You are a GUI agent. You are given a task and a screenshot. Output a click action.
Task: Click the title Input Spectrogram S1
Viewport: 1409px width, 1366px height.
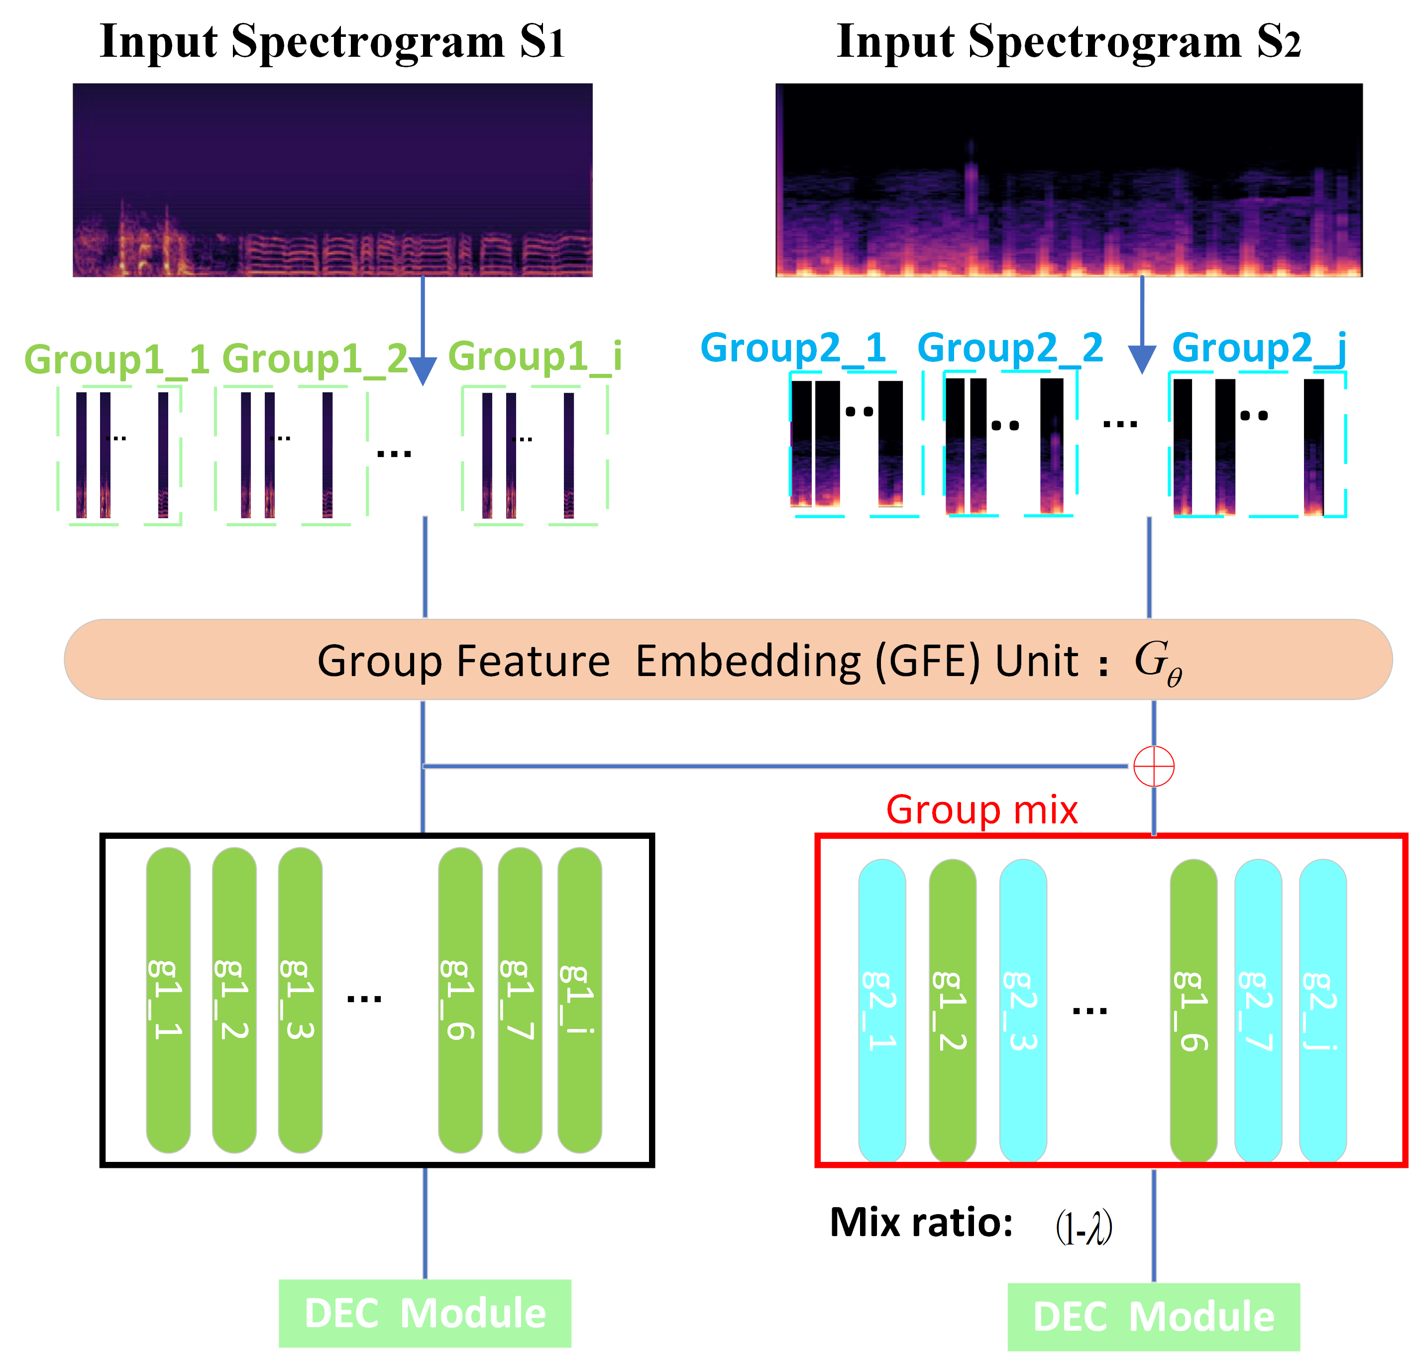tap(332, 42)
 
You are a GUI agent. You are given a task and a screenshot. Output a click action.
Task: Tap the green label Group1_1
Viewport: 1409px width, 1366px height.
tap(116, 359)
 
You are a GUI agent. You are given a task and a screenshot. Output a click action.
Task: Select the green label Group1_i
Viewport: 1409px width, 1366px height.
tap(535, 356)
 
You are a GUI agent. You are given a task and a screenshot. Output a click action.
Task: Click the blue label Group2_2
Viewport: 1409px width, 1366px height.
tap(1010, 348)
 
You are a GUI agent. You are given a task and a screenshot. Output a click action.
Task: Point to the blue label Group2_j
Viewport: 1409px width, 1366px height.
tap(1258, 348)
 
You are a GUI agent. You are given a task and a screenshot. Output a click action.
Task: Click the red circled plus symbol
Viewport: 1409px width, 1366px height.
tap(1154, 767)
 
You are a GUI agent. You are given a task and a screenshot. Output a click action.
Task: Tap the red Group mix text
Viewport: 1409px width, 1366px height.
tap(982, 810)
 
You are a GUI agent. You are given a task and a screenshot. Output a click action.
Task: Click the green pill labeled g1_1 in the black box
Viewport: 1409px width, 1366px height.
tap(168, 999)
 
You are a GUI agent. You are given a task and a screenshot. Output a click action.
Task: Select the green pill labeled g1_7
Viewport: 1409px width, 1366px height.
tap(520, 999)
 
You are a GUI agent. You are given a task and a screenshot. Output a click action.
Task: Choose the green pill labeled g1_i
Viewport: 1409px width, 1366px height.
tap(579, 999)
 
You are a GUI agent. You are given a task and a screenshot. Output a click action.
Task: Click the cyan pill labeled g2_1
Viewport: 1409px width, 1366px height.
tap(882, 1010)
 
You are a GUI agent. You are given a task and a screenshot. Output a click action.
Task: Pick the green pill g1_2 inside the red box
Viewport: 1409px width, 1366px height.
tap(953, 1010)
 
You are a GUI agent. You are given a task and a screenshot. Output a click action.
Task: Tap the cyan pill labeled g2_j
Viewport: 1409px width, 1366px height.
tap(1323, 1010)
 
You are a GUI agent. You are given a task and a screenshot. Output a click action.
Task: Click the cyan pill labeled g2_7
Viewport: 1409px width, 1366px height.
tap(1258, 1010)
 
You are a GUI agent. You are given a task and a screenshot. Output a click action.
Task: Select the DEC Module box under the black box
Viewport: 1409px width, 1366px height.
tap(425, 1314)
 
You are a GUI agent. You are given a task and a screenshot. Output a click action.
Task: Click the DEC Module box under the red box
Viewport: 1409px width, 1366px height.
tap(1154, 1317)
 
